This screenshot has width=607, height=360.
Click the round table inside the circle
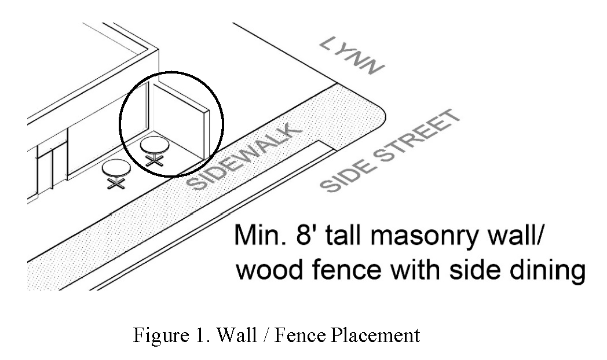coord(154,144)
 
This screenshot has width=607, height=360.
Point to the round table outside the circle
coord(115,168)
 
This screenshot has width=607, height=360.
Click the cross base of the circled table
coord(154,160)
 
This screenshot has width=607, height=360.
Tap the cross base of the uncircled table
coord(116,182)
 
